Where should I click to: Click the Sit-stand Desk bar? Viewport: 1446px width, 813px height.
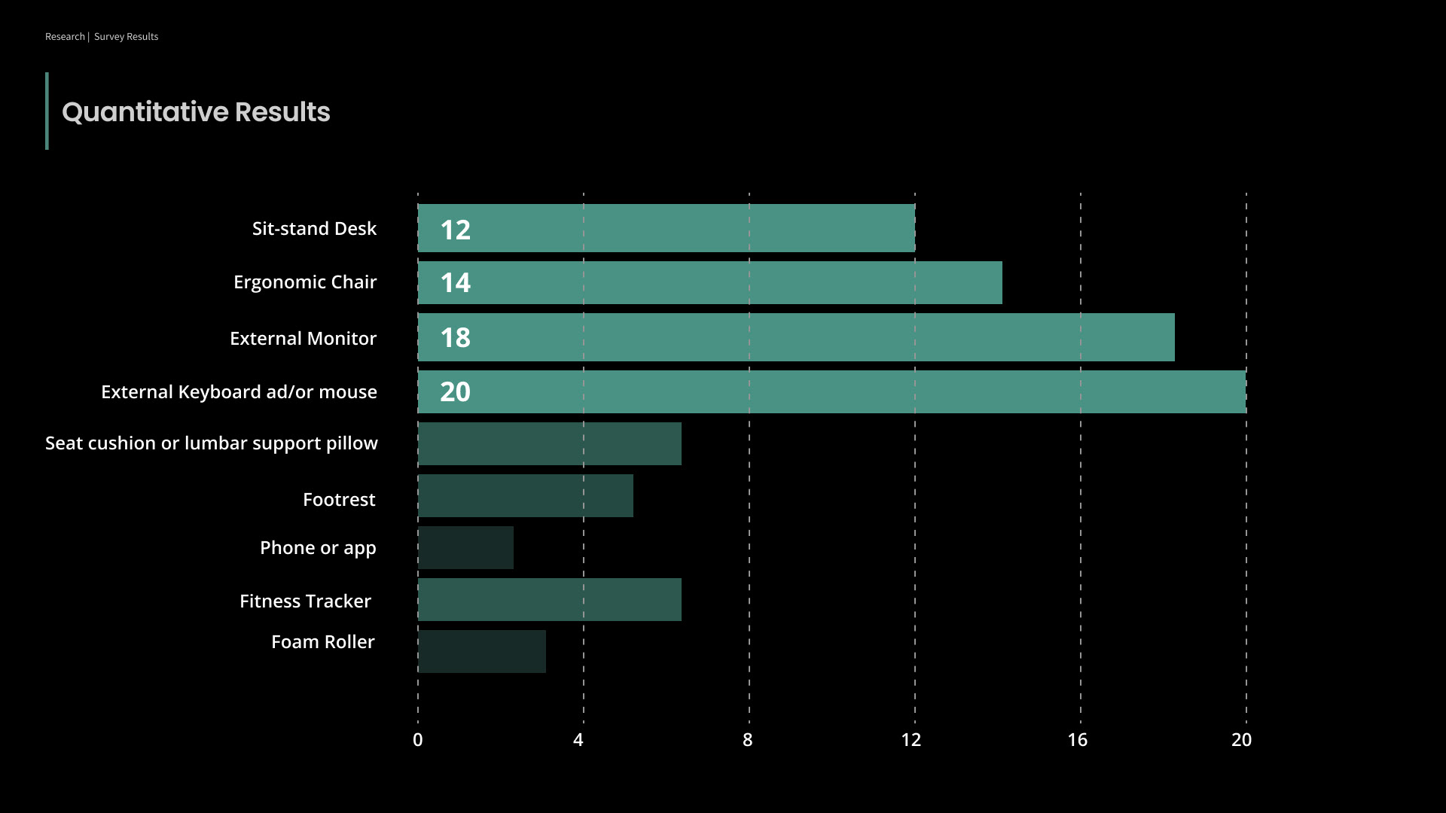667,228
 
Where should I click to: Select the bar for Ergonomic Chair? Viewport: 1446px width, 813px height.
709,283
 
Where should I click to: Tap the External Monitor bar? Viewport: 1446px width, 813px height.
796,337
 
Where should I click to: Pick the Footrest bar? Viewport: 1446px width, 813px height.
526,495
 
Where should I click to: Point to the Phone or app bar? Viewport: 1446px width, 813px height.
465,547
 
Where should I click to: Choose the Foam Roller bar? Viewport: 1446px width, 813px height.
482,651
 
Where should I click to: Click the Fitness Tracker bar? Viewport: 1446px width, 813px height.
550,599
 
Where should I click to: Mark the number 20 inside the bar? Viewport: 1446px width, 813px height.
455,392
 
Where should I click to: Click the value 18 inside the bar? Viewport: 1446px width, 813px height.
455,338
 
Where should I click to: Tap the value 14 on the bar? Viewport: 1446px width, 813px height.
455,283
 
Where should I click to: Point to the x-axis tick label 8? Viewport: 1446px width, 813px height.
747,740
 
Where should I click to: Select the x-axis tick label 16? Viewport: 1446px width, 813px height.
1077,740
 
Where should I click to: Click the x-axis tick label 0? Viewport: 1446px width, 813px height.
418,740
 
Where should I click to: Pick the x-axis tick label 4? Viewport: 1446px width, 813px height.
578,740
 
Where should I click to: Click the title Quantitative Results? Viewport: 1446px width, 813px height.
196,112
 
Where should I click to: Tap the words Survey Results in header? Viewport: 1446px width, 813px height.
126,37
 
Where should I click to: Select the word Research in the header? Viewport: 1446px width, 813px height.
65,37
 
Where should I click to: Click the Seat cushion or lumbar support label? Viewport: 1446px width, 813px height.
212,443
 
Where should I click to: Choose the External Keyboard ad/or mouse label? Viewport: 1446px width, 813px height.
239,392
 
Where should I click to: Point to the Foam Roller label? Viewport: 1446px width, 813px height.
322,642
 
